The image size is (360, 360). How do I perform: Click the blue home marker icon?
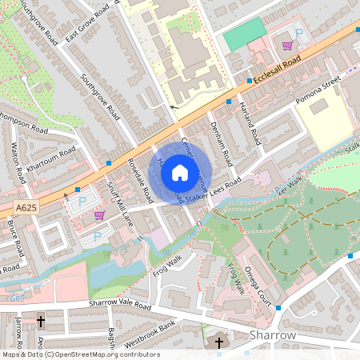click(x=180, y=172)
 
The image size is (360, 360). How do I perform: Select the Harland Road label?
click(x=250, y=124)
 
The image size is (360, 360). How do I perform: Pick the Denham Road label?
click(x=221, y=144)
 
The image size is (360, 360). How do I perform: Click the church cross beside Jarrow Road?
click(x=41, y=322)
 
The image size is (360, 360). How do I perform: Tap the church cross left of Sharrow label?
click(x=219, y=343)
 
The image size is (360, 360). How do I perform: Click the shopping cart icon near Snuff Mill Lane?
click(x=99, y=214)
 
